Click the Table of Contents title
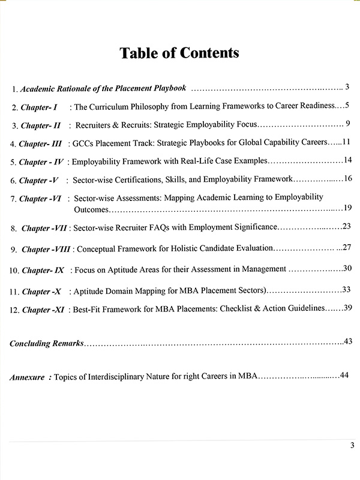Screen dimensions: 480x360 (179, 53)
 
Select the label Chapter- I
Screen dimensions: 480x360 (39, 107)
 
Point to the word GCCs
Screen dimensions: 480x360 (82, 143)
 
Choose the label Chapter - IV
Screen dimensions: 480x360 (42, 161)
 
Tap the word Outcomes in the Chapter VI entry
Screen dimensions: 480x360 (92, 209)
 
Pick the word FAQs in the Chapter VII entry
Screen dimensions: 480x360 (159, 227)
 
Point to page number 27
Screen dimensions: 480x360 (346, 247)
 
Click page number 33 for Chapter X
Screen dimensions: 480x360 (346, 289)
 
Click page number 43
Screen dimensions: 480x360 (347, 341)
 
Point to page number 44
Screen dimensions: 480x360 (344, 375)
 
